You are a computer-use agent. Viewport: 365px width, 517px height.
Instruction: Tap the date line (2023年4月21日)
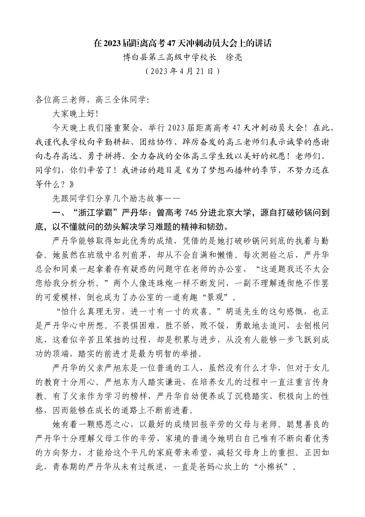(182, 72)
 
